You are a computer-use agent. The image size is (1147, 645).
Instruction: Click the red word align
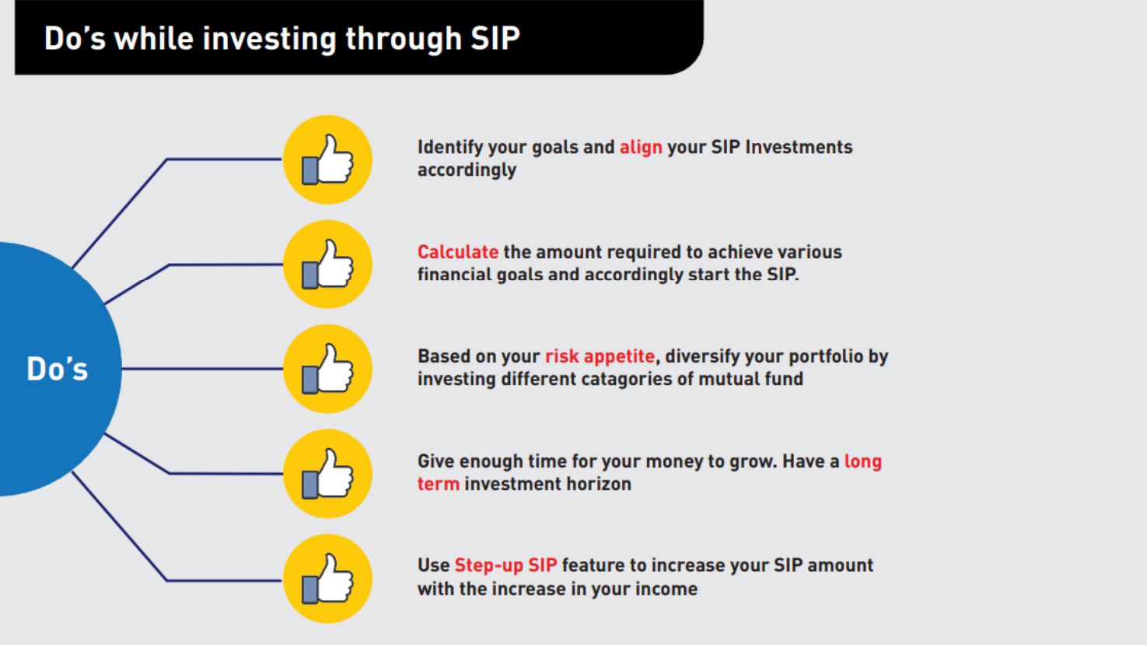(641, 148)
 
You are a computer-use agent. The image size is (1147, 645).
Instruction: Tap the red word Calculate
(458, 252)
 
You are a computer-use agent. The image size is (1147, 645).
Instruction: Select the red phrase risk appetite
(600, 356)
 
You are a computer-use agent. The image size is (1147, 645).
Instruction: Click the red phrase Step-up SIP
(505, 565)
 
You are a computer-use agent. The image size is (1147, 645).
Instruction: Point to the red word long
(863, 461)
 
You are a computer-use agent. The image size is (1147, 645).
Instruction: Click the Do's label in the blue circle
(58, 369)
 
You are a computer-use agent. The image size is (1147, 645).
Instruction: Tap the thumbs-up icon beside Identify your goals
(327, 159)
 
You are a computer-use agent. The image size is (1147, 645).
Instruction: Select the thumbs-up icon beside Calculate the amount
(327, 265)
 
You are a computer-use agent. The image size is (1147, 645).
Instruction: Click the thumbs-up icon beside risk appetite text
(327, 369)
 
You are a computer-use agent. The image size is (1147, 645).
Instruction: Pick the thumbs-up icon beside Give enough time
(327, 473)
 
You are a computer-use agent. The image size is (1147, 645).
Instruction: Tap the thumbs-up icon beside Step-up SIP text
(327, 578)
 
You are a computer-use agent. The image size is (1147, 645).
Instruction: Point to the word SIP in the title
(495, 38)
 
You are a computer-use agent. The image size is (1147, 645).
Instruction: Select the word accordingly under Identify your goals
(467, 170)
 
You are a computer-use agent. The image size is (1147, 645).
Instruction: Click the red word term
(439, 484)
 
